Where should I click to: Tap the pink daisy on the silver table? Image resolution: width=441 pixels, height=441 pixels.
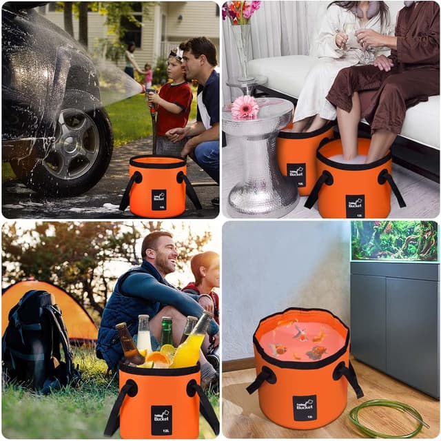[x=245, y=107]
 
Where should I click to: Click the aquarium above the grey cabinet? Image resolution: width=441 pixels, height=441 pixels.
[x=393, y=240]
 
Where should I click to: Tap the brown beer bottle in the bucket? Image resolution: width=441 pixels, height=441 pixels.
[x=130, y=345]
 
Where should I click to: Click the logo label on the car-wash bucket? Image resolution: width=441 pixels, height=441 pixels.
[x=158, y=199]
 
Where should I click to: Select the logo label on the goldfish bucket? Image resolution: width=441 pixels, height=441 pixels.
[x=304, y=407]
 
